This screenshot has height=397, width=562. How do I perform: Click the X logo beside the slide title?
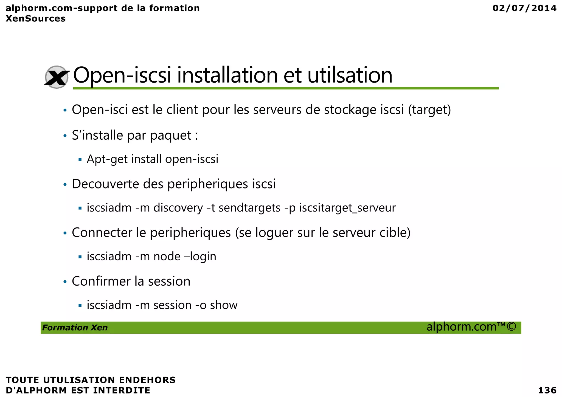click(57, 77)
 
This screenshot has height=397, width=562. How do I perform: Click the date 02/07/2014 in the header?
click(524, 8)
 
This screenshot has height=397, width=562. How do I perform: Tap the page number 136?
click(547, 390)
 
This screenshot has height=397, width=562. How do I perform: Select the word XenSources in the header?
click(36, 19)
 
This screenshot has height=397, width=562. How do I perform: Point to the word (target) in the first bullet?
click(429, 110)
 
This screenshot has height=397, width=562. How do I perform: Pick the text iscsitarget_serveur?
click(347, 208)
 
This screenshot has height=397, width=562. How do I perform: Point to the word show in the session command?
click(224, 305)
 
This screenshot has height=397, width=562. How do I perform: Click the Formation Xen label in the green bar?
click(75, 328)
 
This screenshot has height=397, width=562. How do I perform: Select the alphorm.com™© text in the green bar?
click(471, 327)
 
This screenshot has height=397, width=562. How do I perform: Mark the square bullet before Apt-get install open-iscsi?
click(80, 159)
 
